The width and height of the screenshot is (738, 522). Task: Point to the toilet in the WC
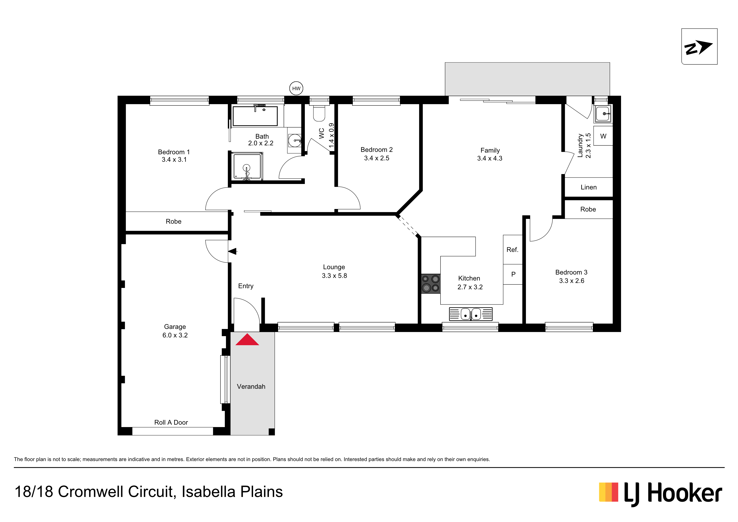tap(319, 113)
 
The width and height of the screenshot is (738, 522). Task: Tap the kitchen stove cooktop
tap(431, 284)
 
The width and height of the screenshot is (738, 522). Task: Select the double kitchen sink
tap(471, 314)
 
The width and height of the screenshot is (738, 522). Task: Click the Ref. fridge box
tap(513, 250)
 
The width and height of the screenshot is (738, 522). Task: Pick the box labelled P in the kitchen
tap(513, 274)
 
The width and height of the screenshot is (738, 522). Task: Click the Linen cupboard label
tap(589, 187)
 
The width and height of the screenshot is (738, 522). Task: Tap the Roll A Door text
tap(171, 422)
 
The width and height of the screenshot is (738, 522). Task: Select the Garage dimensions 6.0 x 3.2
tap(175, 335)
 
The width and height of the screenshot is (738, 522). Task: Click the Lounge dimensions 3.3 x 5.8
tap(334, 276)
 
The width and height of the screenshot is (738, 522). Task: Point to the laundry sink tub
tap(603, 114)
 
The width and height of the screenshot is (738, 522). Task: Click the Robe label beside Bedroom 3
tap(588, 209)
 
